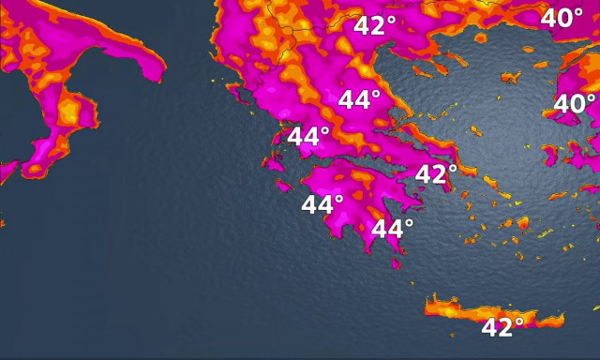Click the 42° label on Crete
pyautogui.click(x=502, y=327)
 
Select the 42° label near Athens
pyautogui.click(x=435, y=174)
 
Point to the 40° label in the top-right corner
pyautogui.click(x=562, y=18)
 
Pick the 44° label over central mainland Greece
pyautogui.click(x=359, y=100)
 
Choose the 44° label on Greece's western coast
pyautogui.click(x=308, y=136)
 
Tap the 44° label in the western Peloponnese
pyautogui.click(x=322, y=203)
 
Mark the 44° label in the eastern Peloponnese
pyautogui.click(x=393, y=229)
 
